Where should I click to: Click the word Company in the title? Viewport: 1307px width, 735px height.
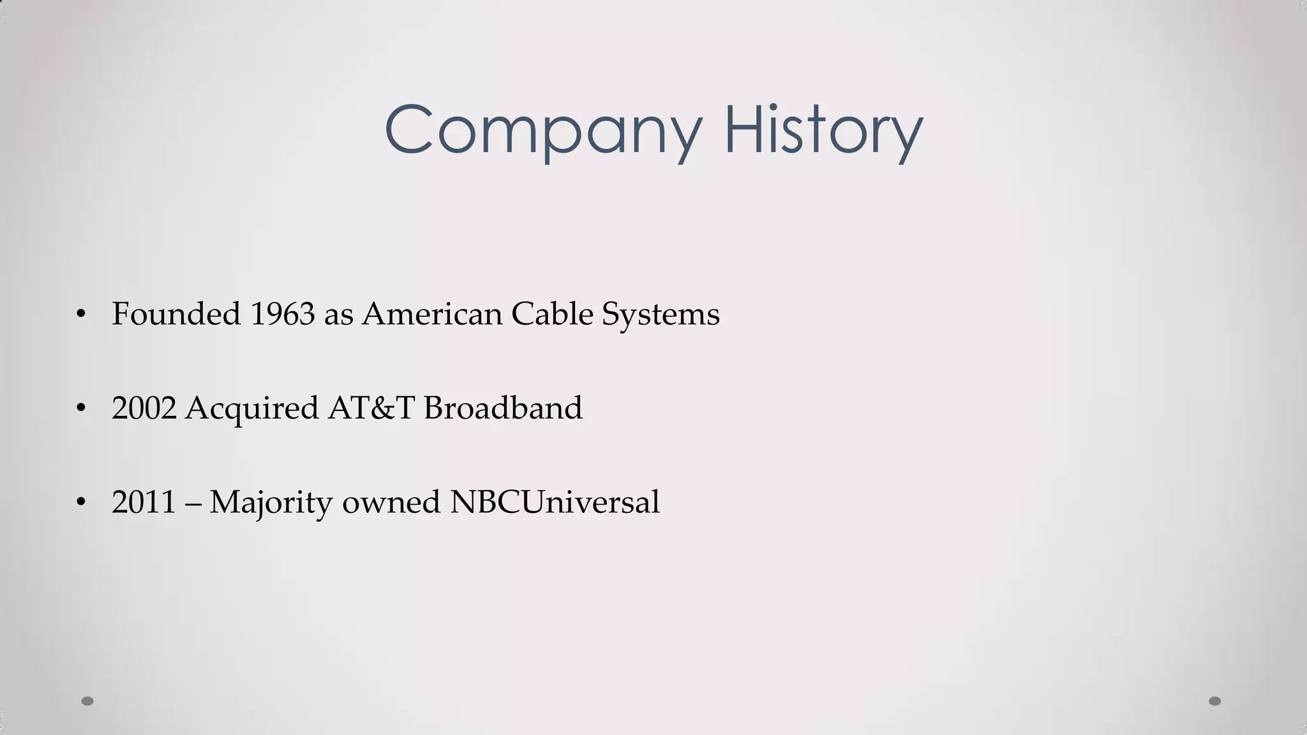[542, 131]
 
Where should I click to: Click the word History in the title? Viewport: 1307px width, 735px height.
[823, 131]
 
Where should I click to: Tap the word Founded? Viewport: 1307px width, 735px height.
[176, 314]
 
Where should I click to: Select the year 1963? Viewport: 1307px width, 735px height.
[282, 314]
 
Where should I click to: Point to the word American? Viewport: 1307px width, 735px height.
[432, 314]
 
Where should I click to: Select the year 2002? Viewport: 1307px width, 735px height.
[144, 408]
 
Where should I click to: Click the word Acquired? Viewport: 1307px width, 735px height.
[251, 409]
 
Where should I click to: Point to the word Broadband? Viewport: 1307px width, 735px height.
[503, 408]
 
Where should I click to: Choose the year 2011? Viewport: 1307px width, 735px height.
[144, 501]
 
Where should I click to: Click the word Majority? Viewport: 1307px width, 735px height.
[271, 503]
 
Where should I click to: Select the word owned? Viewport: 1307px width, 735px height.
[391, 503]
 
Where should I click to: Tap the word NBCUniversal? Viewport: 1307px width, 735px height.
[555, 501]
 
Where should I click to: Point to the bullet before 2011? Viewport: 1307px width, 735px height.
[80, 502]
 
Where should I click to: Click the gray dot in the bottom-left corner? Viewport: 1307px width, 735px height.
[87, 701]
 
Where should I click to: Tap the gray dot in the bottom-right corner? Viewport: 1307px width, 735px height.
[1215, 701]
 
